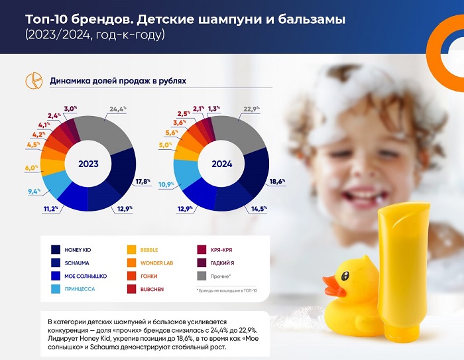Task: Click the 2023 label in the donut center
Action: (x=88, y=164)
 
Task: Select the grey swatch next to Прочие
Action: (x=202, y=276)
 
